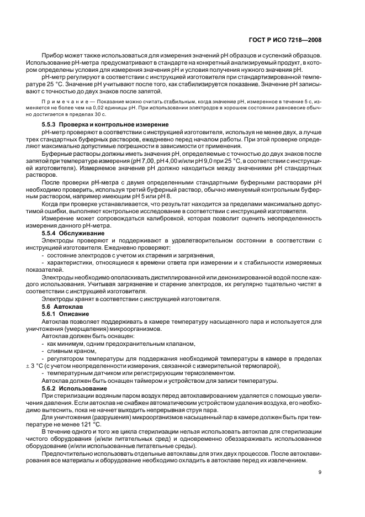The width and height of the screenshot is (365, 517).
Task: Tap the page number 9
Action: pyautogui.click(x=320, y=472)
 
